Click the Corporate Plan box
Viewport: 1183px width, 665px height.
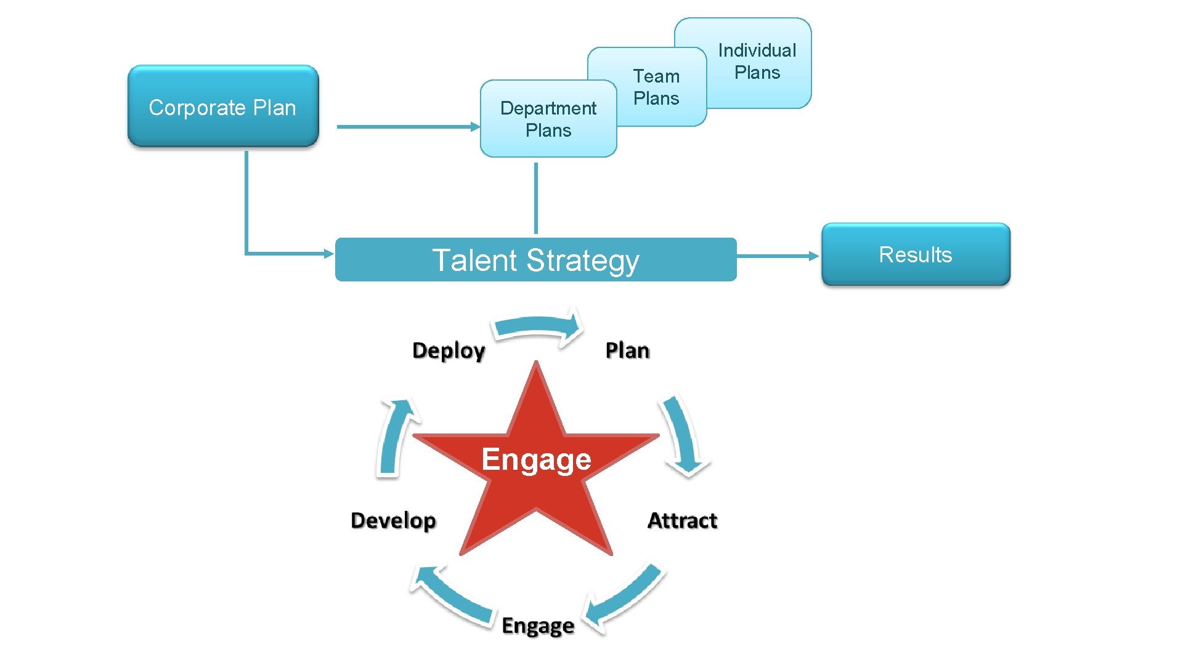222,107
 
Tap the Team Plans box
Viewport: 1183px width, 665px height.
657,87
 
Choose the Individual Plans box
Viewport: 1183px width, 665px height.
757,62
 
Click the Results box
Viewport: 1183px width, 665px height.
916,254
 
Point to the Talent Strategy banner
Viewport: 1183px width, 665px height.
535,260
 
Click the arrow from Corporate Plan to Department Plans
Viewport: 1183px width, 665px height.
407,127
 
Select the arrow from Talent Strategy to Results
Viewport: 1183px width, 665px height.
778,256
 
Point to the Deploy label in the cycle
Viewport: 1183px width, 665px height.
449,350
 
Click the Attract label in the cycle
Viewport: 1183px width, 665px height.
682,521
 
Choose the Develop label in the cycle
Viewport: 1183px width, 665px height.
393,521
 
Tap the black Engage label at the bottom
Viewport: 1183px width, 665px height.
538,626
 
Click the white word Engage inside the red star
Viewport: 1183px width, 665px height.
536,459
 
